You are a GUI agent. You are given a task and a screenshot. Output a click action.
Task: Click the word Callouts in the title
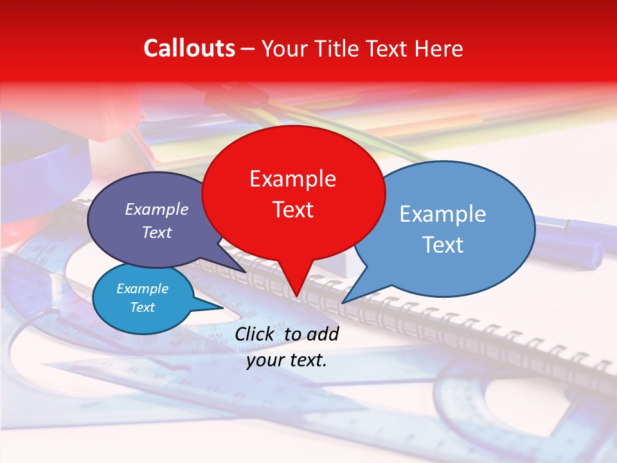[189, 48]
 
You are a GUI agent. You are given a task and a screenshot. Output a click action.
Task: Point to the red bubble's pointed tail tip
[296, 296]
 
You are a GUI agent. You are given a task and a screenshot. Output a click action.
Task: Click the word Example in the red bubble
[292, 178]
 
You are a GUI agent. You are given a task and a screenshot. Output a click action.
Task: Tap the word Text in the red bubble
[292, 209]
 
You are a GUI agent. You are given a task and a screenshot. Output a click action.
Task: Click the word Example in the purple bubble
[157, 209]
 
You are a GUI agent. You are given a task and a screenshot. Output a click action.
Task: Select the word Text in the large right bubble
[443, 244]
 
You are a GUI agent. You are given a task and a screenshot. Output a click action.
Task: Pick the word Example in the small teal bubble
[142, 289]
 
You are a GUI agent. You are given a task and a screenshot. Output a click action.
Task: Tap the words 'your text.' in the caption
[287, 360]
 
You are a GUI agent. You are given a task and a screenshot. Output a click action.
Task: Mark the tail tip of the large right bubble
[343, 302]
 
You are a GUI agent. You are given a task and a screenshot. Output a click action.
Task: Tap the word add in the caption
[322, 334]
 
